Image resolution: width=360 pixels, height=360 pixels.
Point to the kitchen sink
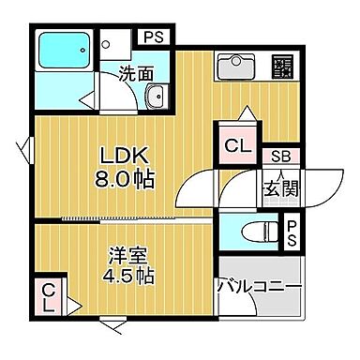[x=234, y=67]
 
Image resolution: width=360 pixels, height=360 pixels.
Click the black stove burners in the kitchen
[x=281, y=66]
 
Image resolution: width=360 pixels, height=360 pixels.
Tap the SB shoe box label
[x=280, y=157]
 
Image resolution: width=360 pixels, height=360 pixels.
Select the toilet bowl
[x=253, y=232]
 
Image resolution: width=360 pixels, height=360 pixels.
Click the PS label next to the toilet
[x=292, y=231]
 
